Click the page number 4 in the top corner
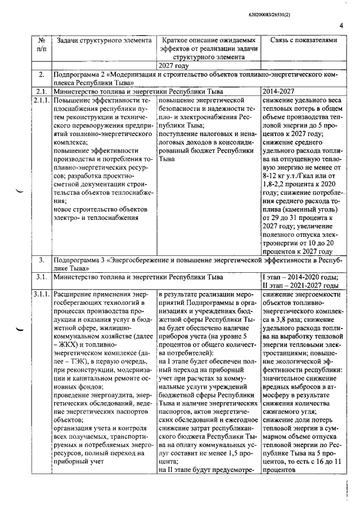[x=341, y=25]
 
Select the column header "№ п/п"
[x=41, y=45]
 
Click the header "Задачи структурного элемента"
[x=102, y=40]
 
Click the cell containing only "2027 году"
[x=174, y=65]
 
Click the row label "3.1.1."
[x=41, y=294]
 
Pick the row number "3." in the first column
[x=41, y=260]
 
